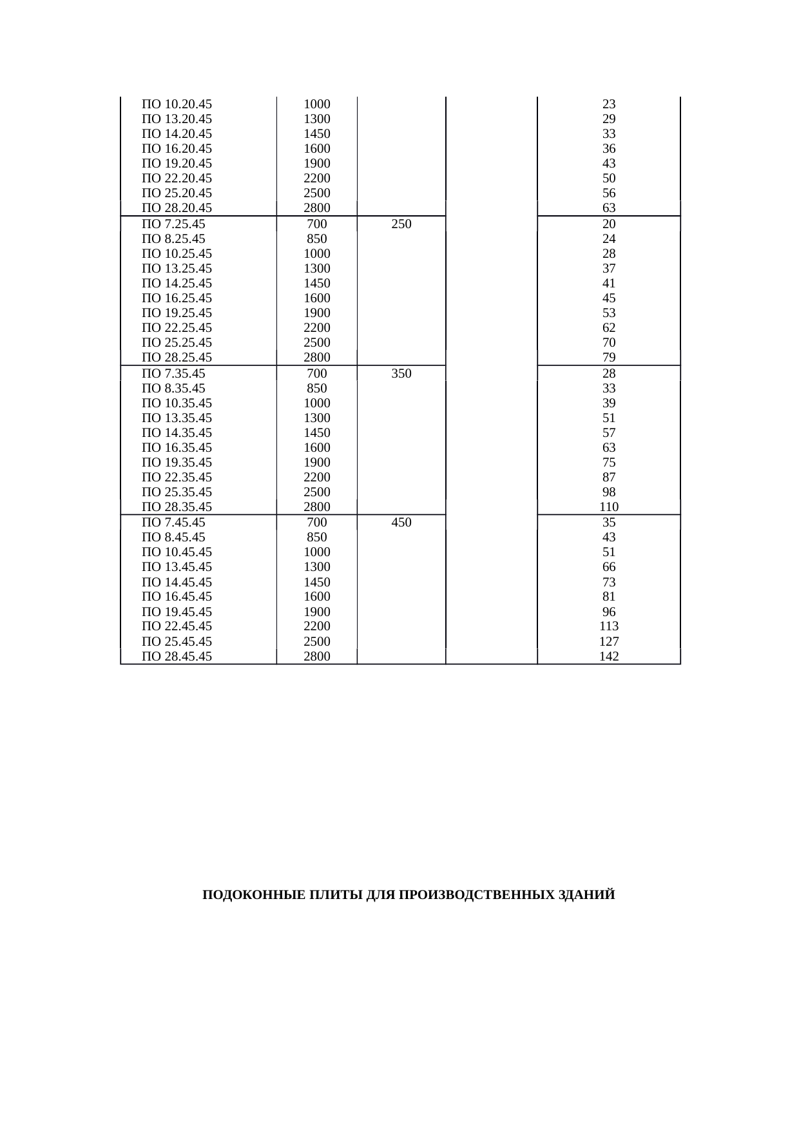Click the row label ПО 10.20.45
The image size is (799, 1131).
click(x=177, y=104)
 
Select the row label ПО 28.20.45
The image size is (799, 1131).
click(x=177, y=208)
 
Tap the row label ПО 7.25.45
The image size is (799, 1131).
click(x=173, y=224)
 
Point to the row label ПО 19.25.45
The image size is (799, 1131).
click(x=177, y=313)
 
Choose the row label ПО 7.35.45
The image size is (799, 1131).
click(x=173, y=373)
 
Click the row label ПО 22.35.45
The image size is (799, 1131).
click(x=177, y=477)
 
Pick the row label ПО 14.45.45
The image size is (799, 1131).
click(x=177, y=582)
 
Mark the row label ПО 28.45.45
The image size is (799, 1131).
click(x=177, y=656)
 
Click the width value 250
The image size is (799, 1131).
click(x=401, y=224)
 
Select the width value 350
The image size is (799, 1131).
click(x=401, y=373)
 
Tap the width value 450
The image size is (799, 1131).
click(x=401, y=522)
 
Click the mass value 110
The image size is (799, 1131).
click(x=609, y=507)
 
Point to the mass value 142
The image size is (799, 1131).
click(x=609, y=656)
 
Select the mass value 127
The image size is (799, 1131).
click(x=609, y=641)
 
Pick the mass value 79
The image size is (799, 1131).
click(x=609, y=357)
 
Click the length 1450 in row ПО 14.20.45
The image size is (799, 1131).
click(x=317, y=133)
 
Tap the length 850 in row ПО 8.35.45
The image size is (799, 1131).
click(x=317, y=388)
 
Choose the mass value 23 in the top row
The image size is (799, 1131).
click(x=609, y=104)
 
